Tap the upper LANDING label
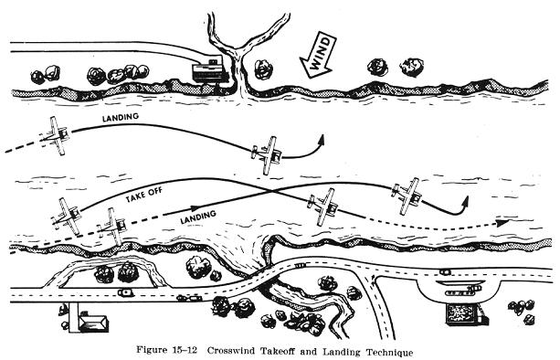click(121, 117)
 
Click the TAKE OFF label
click(144, 195)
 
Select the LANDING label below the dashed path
click(198, 217)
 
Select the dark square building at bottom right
click(463, 314)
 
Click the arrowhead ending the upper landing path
click(321, 140)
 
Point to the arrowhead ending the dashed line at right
click(502, 223)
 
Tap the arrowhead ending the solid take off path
click(464, 201)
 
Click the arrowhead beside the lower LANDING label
click(194, 208)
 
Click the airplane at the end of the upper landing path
click(268, 155)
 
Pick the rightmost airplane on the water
click(407, 196)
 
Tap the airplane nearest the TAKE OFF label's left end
click(68, 217)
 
